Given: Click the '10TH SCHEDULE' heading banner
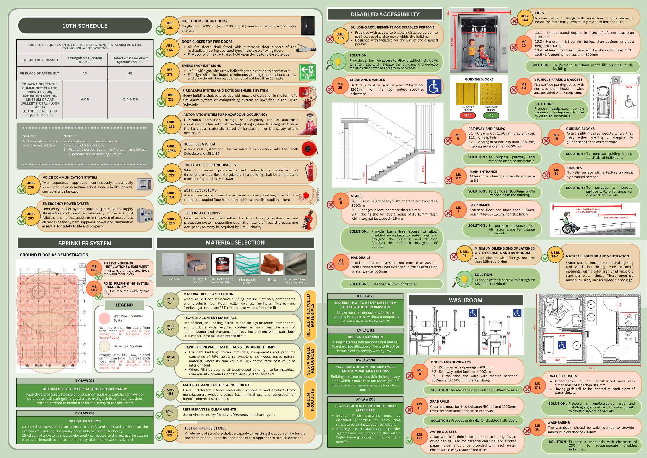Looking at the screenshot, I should click(x=85, y=26).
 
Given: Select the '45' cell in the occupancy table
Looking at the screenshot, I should click(x=130, y=73).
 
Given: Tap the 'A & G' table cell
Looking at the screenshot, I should click(x=85, y=99).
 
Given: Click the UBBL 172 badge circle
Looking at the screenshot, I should click(x=170, y=72).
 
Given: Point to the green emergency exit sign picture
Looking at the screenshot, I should click(x=307, y=72).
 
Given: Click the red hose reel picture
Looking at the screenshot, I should click(x=309, y=149).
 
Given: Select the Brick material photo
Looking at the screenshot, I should click(x=272, y=264).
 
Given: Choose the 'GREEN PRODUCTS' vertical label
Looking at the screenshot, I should click(x=310, y=400).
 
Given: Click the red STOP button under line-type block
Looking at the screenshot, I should click(x=468, y=115).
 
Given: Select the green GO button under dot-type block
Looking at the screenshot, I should click(x=491, y=115).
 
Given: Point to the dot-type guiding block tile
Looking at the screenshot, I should click(x=491, y=94).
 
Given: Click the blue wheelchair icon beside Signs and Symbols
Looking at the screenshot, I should click(x=434, y=86).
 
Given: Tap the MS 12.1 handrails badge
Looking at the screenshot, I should click(x=341, y=262).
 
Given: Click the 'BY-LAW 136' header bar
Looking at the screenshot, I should click(x=365, y=360).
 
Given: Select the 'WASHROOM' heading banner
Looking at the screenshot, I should click(x=465, y=300).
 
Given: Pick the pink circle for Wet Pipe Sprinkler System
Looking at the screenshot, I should click(x=105, y=318).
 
